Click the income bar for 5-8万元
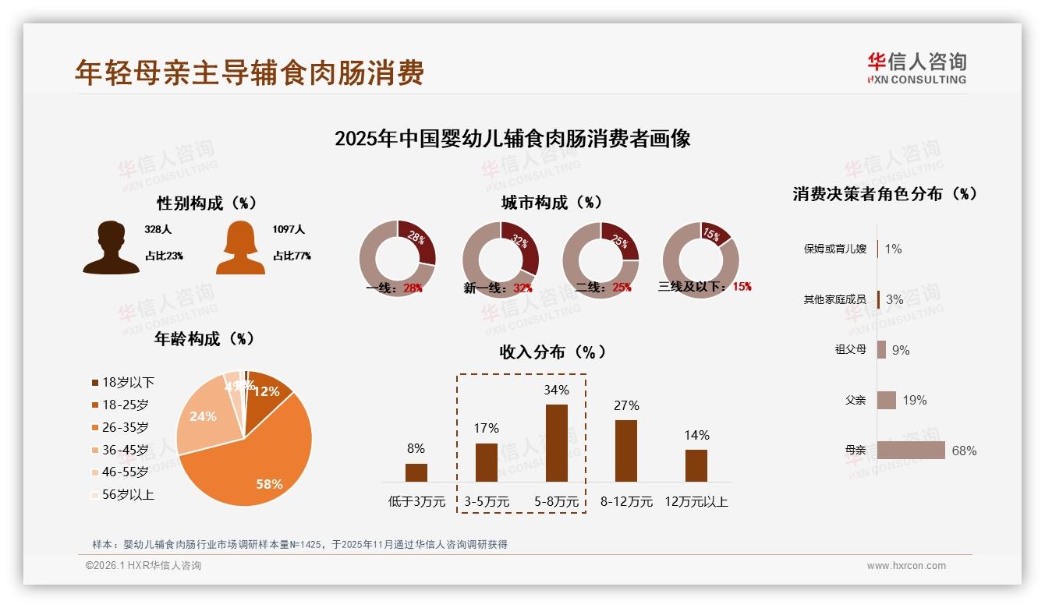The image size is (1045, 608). click(557, 443)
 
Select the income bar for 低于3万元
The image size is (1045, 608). click(416, 472)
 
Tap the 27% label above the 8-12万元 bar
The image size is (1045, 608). click(626, 405)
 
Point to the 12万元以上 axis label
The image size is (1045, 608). click(696, 502)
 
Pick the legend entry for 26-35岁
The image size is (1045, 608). click(125, 427)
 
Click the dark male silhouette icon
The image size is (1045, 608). click(112, 247)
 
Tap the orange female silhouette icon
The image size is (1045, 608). click(240, 247)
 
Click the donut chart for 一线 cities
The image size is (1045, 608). click(397, 260)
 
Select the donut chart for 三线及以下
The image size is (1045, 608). click(700, 260)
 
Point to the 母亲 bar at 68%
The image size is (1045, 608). click(911, 451)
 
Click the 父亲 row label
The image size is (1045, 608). click(855, 400)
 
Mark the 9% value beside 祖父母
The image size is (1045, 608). click(901, 350)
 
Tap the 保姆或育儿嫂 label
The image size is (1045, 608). click(834, 249)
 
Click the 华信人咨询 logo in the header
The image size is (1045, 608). click(917, 68)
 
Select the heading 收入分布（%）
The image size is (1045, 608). click(552, 352)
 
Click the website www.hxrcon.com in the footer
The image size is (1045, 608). click(906, 566)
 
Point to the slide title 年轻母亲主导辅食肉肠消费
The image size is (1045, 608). click(250, 72)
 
